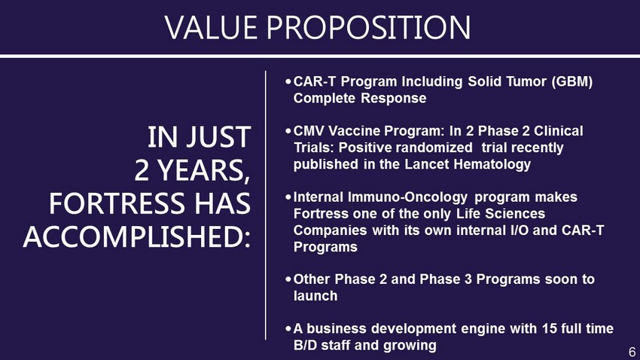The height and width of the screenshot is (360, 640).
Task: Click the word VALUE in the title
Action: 211,27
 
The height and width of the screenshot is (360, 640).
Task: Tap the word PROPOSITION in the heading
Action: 369,27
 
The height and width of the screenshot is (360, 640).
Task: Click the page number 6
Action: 632,352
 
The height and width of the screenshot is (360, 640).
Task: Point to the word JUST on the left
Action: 219,137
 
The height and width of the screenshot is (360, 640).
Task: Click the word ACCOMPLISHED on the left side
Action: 136,237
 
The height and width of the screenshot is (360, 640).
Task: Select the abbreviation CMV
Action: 309,131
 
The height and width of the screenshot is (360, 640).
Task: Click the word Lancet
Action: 428,164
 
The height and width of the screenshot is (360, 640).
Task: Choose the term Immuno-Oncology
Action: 407,197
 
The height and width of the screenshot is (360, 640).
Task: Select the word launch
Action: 315,296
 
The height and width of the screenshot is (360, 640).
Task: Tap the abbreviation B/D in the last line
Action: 306,345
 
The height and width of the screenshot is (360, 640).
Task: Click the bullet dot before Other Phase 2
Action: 288,279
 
